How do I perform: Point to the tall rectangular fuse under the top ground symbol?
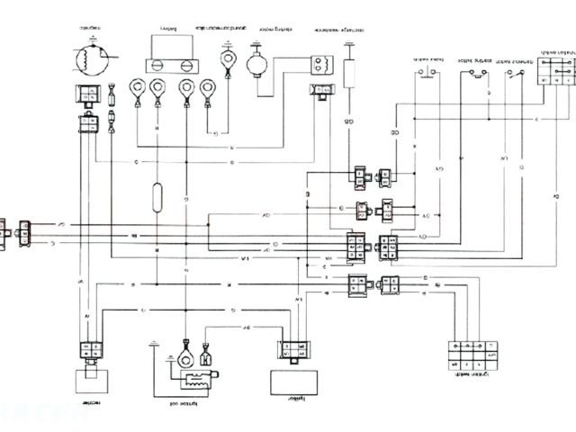tap(348, 72)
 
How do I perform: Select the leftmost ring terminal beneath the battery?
tap(138, 89)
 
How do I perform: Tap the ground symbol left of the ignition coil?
tap(155, 346)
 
